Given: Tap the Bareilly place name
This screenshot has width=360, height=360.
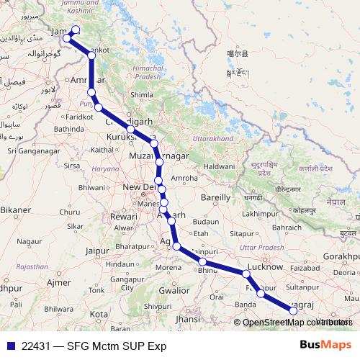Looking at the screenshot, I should pos(215,197).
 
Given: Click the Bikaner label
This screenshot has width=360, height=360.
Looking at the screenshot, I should pos(16,210).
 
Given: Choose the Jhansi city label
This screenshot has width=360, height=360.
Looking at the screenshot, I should pos(186,318).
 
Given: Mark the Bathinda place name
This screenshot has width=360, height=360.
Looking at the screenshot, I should pos(69,129).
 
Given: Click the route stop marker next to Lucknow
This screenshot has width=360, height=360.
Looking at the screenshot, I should pos(247,274).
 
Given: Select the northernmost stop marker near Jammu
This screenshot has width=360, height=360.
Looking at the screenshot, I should pos(76,30).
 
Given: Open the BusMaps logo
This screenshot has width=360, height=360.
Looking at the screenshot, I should pos(325,345).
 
